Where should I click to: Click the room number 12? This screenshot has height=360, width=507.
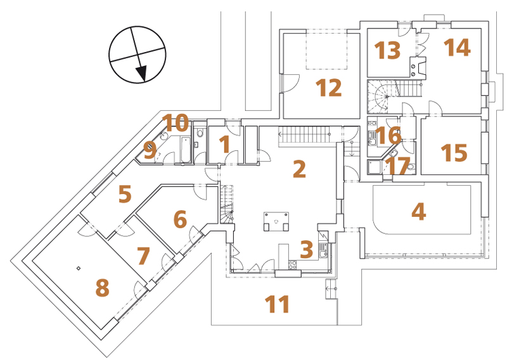pyautogui.click(x=328, y=87)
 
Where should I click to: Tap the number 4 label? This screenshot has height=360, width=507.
pyautogui.click(x=418, y=212)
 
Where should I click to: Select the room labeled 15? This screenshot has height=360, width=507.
pyautogui.click(x=454, y=152)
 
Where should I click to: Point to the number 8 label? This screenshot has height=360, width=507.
pyautogui.click(x=102, y=288)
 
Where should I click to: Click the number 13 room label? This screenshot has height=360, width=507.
pyautogui.click(x=387, y=50)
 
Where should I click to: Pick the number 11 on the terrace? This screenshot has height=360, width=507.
pyautogui.click(x=277, y=304)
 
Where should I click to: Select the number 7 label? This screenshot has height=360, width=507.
pyautogui.click(x=143, y=255)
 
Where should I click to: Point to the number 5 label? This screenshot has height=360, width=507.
pyautogui.click(x=125, y=194)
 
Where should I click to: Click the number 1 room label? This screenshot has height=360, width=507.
pyautogui.click(x=224, y=144)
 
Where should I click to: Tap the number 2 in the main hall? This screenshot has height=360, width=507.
pyautogui.click(x=299, y=169)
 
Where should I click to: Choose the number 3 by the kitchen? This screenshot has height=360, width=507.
pyautogui.click(x=307, y=249)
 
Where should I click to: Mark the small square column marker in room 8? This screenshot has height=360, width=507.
pyautogui.click(x=78, y=268)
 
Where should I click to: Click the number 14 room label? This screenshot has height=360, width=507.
pyautogui.click(x=457, y=47)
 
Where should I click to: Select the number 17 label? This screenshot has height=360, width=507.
pyautogui.click(x=398, y=165)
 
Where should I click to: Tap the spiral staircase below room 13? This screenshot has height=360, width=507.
pyautogui.click(x=378, y=97)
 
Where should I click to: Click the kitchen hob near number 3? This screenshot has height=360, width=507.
pyautogui.click(x=293, y=265)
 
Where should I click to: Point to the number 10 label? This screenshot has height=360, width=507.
pyautogui.click(x=176, y=122)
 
